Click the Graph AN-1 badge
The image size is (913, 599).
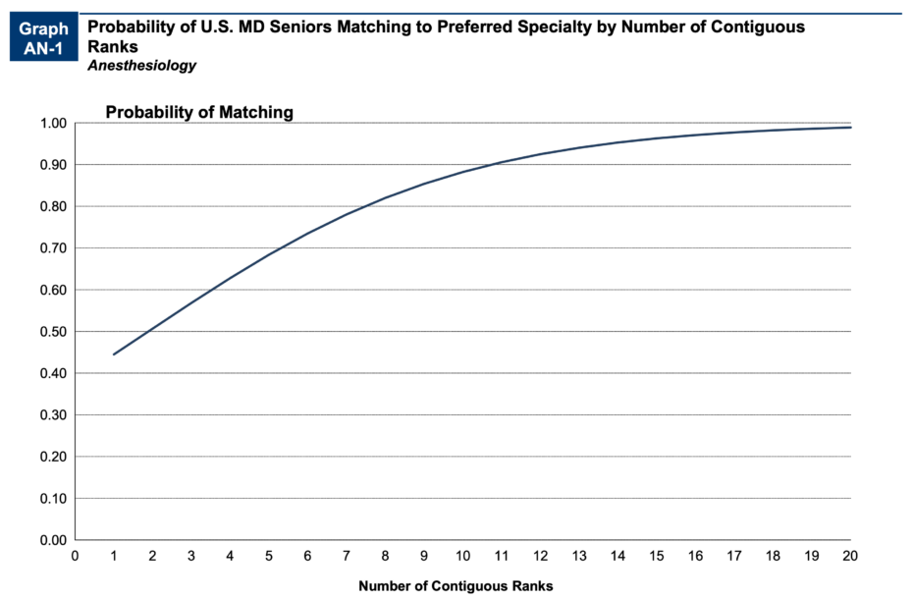(43, 38)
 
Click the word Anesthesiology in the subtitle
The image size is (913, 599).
(141, 66)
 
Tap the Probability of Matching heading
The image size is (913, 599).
(199, 112)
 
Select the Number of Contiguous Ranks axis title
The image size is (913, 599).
(456, 586)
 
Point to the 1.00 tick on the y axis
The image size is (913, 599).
(53, 124)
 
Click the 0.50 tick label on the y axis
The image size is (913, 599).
(53, 332)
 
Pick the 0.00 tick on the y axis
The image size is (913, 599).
(53, 540)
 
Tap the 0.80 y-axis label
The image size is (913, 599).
(53, 207)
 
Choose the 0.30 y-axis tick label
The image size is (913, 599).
(53, 415)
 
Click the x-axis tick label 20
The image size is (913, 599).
(850, 556)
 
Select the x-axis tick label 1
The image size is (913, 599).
(114, 556)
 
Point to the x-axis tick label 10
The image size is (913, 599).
(462, 556)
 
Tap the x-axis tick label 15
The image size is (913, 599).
(657, 556)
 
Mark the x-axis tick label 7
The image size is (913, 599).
(347, 556)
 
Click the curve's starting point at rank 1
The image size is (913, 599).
(114, 354)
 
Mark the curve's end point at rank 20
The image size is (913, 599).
(850, 128)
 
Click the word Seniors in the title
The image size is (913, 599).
(302, 27)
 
